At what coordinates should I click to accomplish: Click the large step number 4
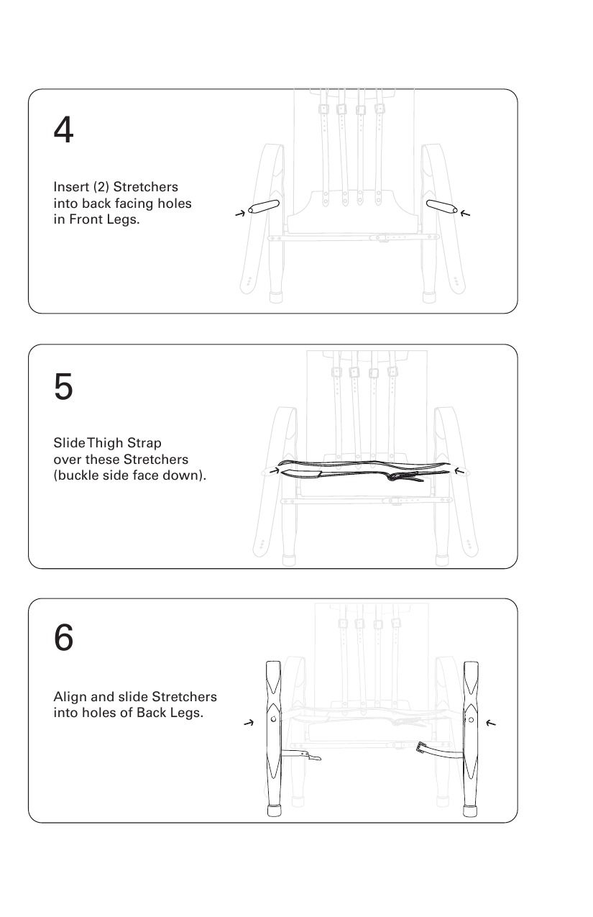(63, 129)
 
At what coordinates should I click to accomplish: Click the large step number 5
(63, 386)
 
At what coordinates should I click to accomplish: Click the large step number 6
(63, 637)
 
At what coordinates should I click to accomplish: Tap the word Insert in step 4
(71, 187)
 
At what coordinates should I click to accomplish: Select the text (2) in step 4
(101, 187)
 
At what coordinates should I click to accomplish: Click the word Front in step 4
(85, 219)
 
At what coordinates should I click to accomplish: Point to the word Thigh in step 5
(104, 443)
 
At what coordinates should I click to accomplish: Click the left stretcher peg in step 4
(264, 206)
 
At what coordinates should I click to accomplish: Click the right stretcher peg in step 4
(442, 206)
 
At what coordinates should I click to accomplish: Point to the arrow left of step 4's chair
(240, 214)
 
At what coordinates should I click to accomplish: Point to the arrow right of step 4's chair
(465, 214)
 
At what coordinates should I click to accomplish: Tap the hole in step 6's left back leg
(273, 719)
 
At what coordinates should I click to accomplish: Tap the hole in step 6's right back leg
(471, 720)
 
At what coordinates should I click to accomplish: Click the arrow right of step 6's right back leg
(491, 724)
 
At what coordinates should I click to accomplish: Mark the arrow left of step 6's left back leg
(249, 724)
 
